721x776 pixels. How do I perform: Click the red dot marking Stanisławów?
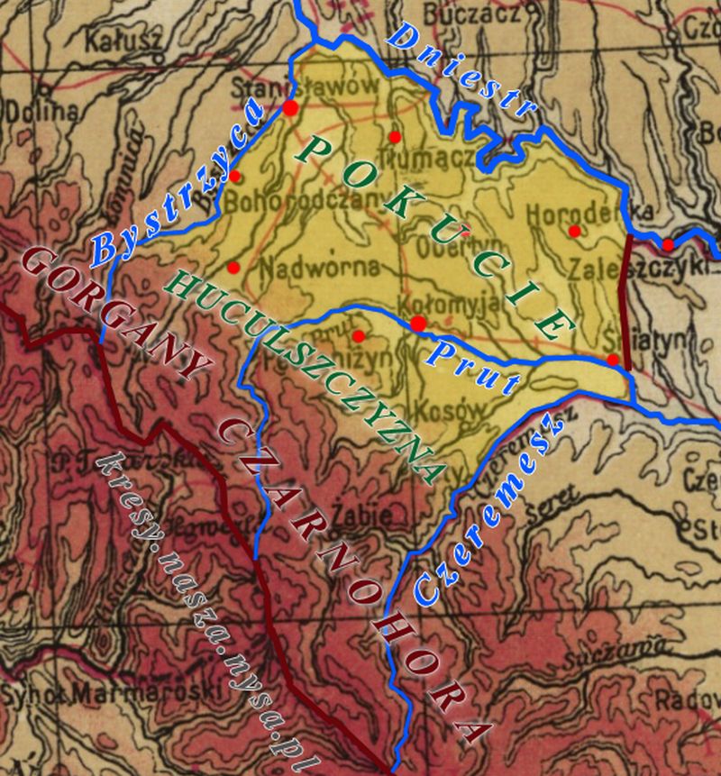tap(290, 108)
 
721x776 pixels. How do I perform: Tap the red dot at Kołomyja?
tap(418, 324)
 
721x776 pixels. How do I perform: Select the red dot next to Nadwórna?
tap(233, 268)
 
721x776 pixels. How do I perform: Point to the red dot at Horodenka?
tap(575, 231)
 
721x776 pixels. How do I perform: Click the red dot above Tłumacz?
tap(394, 137)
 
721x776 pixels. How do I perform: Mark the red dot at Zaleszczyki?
tap(668, 244)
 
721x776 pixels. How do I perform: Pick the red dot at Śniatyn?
tap(613, 360)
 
